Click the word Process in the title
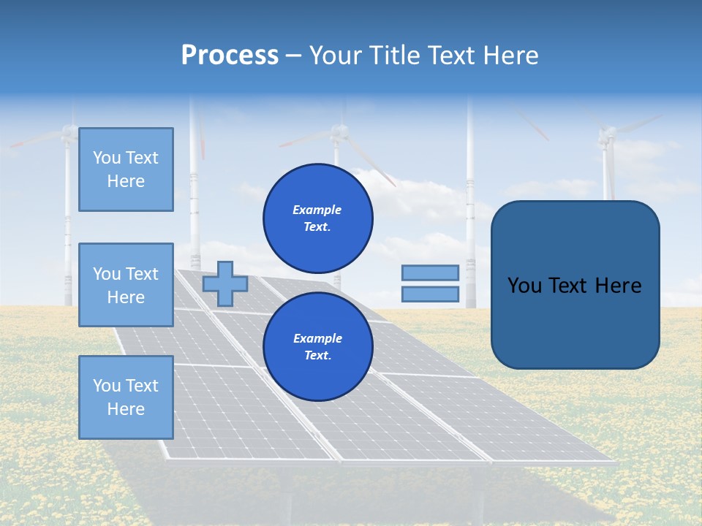(x=230, y=56)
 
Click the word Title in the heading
(x=395, y=56)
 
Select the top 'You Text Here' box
(x=126, y=169)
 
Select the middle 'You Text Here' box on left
(x=126, y=285)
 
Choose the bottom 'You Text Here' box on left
(x=126, y=397)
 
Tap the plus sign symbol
(x=224, y=283)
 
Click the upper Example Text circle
(x=318, y=218)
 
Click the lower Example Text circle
(x=318, y=347)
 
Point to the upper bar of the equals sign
(x=430, y=272)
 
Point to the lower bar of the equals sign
(x=430, y=294)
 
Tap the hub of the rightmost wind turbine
(x=607, y=134)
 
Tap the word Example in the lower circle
(x=317, y=338)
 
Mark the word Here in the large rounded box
(x=618, y=286)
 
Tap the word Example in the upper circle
(x=317, y=210)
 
